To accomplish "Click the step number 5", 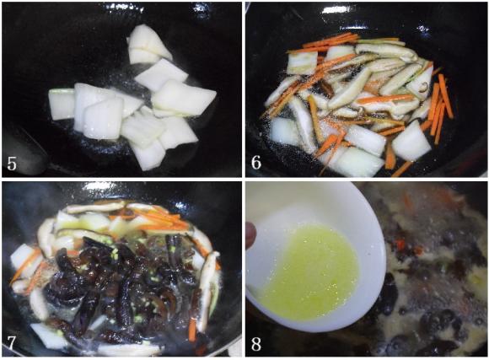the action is point(12,164).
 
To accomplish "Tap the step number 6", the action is point(256,163).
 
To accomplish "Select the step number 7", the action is point(11,343).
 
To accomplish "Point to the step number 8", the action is point(256,344).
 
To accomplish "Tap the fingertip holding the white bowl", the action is point(251,235).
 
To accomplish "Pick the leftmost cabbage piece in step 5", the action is point(61,104).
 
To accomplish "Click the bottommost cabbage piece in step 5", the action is point(148,154).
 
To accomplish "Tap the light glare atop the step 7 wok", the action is point(99,186).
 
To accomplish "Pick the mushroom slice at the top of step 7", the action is point(97,207).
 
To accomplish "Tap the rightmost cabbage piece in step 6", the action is point(411,141).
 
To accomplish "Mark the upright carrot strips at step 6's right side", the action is point(440,106).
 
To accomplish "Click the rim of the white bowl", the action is point(381,244).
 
